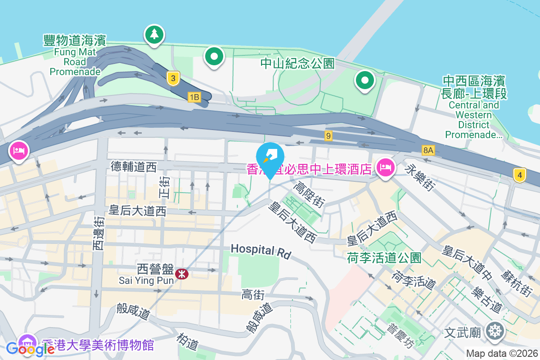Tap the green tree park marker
point(154,35)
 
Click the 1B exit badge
point(194,97)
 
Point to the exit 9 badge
point(328,135)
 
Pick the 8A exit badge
point(428,150)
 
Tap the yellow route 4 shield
point(520,175)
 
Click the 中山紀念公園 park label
point(298,63)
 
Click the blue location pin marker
point(270,157)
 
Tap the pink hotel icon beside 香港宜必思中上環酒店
point(385,168)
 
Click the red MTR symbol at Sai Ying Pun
point(182,273)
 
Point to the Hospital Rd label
point(261,250)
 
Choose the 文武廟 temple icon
point(495,332)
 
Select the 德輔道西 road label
point(134,167)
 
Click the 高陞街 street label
point(309,194)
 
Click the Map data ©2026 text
point(501,353)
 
